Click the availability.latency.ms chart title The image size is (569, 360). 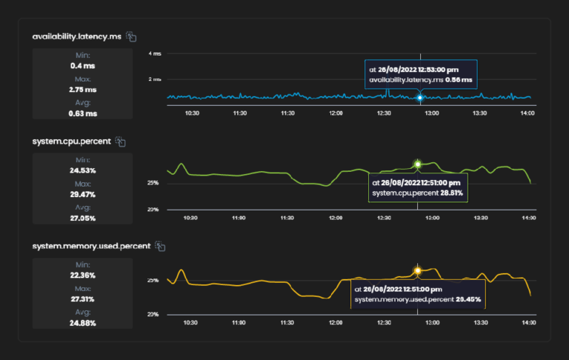pyautogui.click(x=77, y=36)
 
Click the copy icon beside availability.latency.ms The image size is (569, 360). pyautogui.click(x=131, y=36)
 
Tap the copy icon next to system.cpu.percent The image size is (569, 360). pyautogui.click(x=121, y=141)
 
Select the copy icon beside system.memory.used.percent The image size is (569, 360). pyautogui.click(x=160, y=246)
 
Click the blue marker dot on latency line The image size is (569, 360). pyautogui.click(x=420, y=97)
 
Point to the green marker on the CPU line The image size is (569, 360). pyautogui.click(x=418, y=164)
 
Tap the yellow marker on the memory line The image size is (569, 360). pyautogui.click(x=418, y=270)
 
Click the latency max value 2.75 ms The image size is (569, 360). pyautogui.click(x=82, y=89)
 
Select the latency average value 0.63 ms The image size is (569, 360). pyautogui.click(x=82, y=113)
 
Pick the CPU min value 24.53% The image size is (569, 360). pyautogui.click(x=82, y=170)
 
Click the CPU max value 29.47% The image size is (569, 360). pyautogui.click(x=82, y=194)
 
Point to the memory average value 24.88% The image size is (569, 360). pyautogui.click(x=82, y=322)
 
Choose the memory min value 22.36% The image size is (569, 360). pyautogui.click(x=82, y=275)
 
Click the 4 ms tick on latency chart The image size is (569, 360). pyautogui.click(x=155, y=54)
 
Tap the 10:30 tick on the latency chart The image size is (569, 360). pyautogui.click(x=191, y=113)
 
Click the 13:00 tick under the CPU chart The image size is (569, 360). pyautogui.click(x=431, y=219)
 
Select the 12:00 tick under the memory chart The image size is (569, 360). pyautogui.click(x=336, y=324)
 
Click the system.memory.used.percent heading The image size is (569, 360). pyautogui.click(x=91, y=246)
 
